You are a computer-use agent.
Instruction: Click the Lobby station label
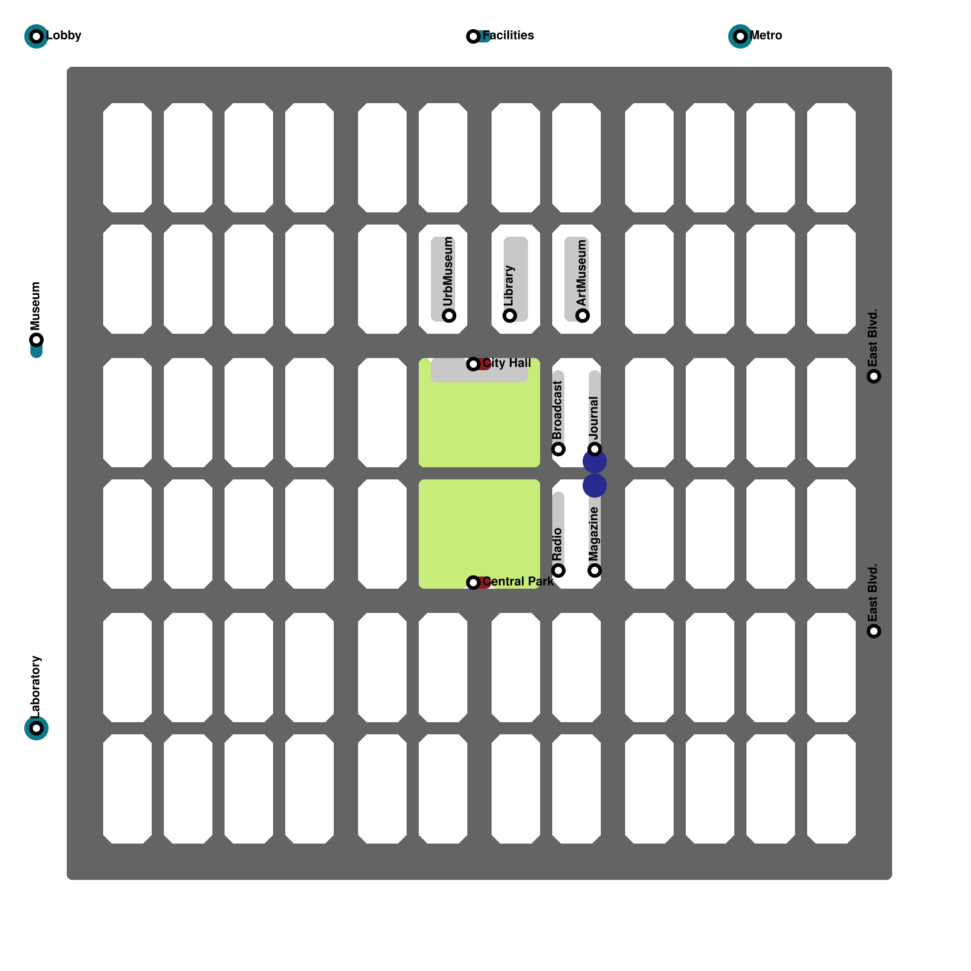coord(64,35)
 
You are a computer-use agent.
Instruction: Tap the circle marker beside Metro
coord(740,36)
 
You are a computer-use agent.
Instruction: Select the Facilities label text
coord(508,35)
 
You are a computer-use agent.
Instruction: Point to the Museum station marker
coord(36,340)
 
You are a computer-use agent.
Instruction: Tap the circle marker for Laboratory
coord(36,728)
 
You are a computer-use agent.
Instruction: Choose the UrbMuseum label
coord(448,271)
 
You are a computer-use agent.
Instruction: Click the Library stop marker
coord(510,316)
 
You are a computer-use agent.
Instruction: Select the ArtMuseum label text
coord(582,273)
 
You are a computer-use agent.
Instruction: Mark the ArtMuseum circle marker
coord(583,316)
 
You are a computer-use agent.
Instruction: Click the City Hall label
coord(507,363)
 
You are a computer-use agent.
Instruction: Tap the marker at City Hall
coord(473,364)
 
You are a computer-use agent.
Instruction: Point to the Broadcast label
coord(558,410)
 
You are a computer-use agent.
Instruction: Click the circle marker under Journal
coord(595,449)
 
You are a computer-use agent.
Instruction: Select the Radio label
coord(558,544)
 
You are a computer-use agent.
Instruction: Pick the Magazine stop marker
coord(595,570)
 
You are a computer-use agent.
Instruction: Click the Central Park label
coord(518,581)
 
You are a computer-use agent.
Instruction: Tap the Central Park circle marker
coord(473,583)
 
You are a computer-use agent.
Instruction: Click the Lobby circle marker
coord(36,36)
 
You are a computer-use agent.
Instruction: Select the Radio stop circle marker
coord(558,570)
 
